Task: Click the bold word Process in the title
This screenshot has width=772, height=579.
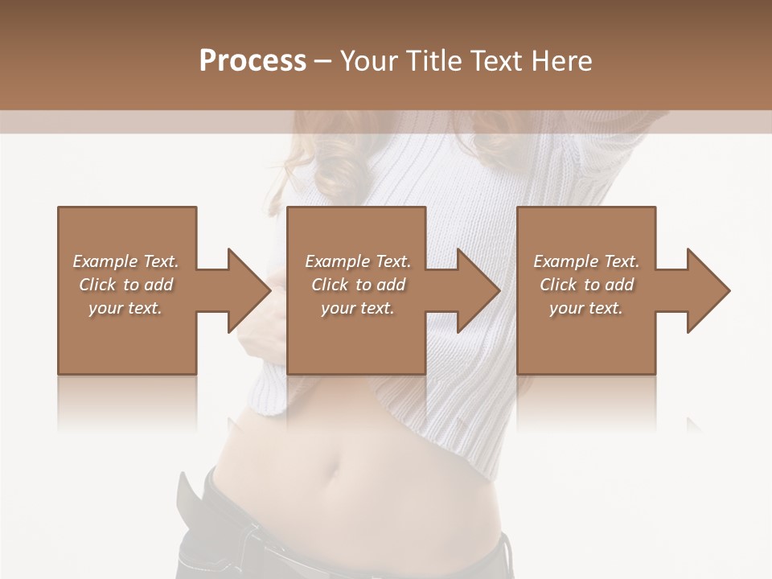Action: point(253,61)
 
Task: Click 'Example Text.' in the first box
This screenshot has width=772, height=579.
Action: point(125,261)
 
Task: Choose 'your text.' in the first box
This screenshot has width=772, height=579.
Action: point(125,308)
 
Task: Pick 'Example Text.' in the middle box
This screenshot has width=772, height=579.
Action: point(358,261)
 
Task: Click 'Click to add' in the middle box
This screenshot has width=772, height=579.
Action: point(358,285)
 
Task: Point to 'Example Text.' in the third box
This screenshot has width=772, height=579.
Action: point(586,261)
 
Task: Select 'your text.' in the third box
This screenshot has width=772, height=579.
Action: point(586,308)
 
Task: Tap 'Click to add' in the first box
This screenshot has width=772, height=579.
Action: point(125,285)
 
